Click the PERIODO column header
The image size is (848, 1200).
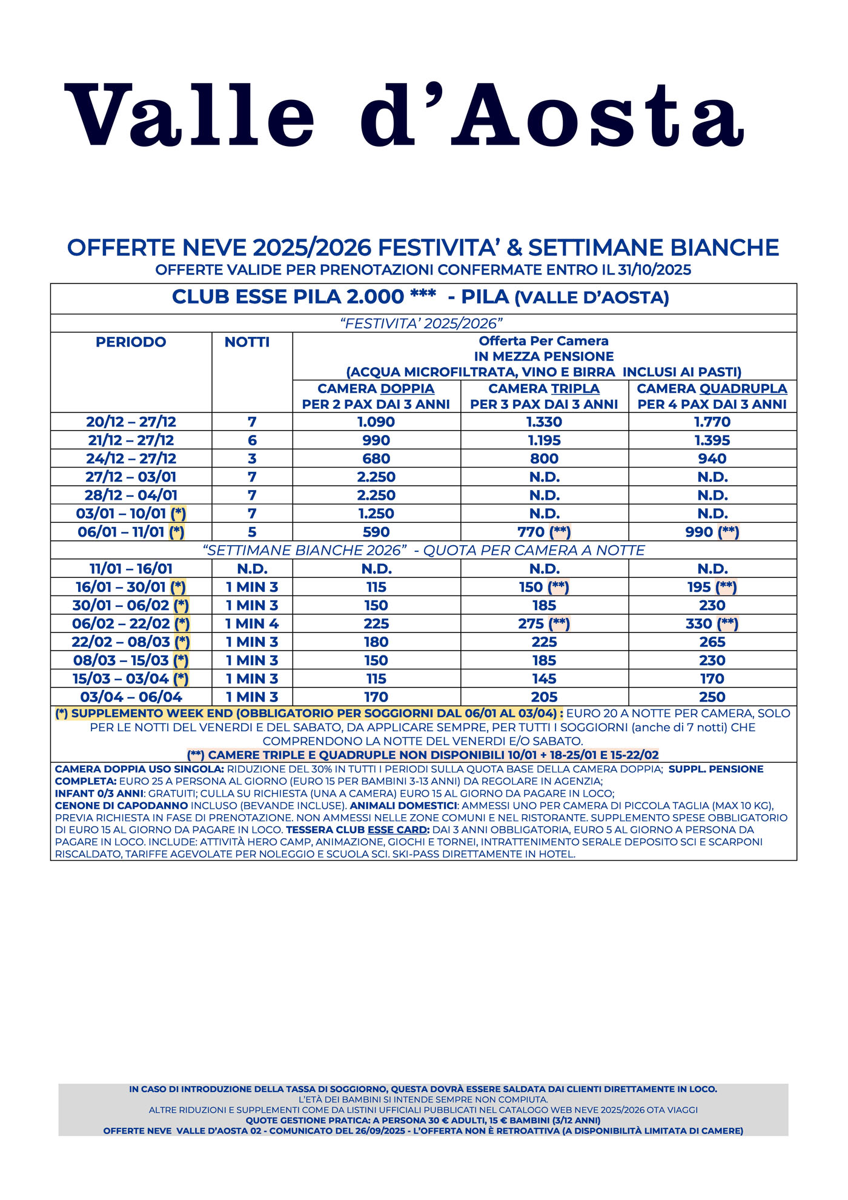pyautogui.click(x=131, y=342)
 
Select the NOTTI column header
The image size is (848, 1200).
pyautogui.click(x=247, y=342)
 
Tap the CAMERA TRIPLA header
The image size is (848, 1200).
pyautogui.click(x=544, y=389)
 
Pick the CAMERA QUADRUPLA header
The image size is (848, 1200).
pyautogui.click(x=712, y=389)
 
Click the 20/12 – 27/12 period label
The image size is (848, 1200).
pyautogui.click(x=131, y=422)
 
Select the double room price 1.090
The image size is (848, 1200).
pyautogui.click(x=376, y=422)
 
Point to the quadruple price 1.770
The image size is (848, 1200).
pyautogui.click(x=712, y=422)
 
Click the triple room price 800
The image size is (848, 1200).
pyautogui.click(x=544, y=459)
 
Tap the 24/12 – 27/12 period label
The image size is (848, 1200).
pyautogui.click(x=131, y=459)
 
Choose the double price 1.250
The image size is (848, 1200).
pyautogui.click(x=376, y=514)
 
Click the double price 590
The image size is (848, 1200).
pyautogui.click(x=376, y=532)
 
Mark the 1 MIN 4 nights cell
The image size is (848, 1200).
pyautogui.click(x=252, y=624)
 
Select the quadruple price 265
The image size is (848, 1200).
pyautogui.click(x=712, y=642)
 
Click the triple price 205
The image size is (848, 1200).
pyautogui.click(x=544, y=697)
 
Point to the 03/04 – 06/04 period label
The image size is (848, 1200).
pyautogui.click(x=131, y=697)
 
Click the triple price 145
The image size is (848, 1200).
pyautogui.click(x=544, y=679)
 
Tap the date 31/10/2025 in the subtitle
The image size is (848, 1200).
pyautogui.click(x=654, y=270)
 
